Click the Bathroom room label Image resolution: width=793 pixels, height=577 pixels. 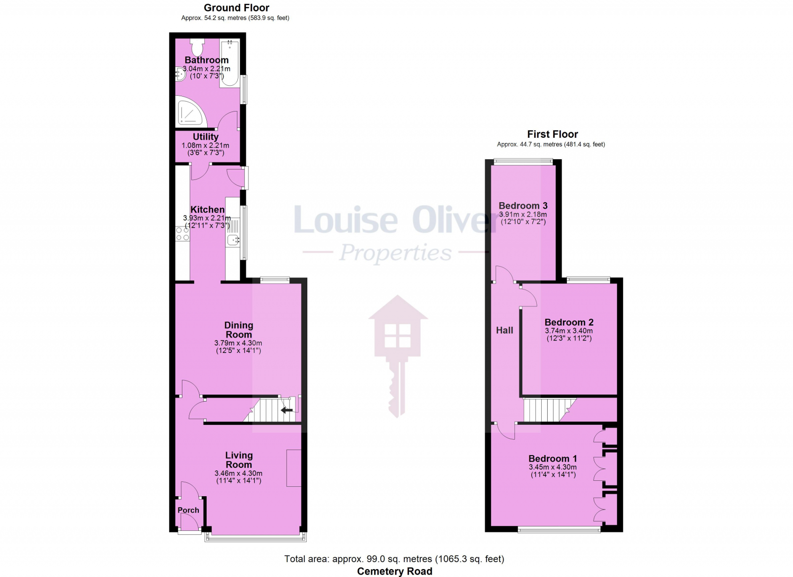pyautogui.click(x=207, y=60)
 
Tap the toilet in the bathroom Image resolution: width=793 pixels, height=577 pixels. pyautogui.click(x=197, y=47)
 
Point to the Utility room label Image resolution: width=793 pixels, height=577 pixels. pyautogui.click(x=206, y=137)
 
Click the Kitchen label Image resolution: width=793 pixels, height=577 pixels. pyautogui.click(x=208, y=210)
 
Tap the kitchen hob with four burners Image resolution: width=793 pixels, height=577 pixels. pyautogui.click(x=182, y=234)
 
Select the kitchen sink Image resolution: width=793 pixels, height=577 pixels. pyautogui.click(x=233, y=241)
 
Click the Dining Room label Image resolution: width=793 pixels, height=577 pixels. pyautogui.click(x=238, y=330)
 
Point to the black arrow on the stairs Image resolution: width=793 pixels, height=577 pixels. pyautogui.click(x=286, y=410)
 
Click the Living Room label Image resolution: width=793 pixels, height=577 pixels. pyautogui.click(x=239, y=460)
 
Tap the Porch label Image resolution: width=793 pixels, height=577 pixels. pyautogui.click(x=188, y=510)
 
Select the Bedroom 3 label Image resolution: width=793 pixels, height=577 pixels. pyautogui.click(x=523, y=206)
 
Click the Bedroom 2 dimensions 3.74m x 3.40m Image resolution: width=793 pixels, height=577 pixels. pyautogui.click(x=568, y=331)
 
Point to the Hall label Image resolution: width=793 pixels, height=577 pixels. pyautogui.click(x=505, y=330)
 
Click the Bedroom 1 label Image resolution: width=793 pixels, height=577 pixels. pyautogui.click(x=553, y=459)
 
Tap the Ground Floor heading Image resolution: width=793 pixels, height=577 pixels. pyautogui.click(x=236, y=8)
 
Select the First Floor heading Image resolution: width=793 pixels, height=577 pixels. pyautogui.click(x=552, y=134)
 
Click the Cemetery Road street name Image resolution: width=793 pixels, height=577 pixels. pyautogui.click(x=395, y=571)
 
